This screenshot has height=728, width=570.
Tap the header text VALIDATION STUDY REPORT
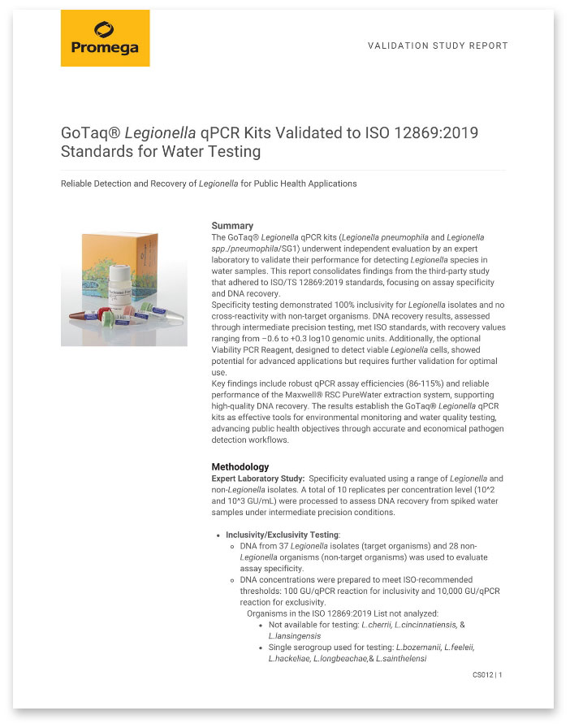(x=438, y=46)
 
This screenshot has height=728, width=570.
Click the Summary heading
(x=232, y=225)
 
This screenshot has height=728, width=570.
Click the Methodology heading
(x=240, y=467)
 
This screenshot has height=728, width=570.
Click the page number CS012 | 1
(x=487, y=675)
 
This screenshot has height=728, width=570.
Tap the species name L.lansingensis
(x=295, y=635)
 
